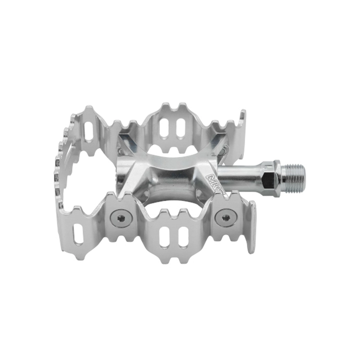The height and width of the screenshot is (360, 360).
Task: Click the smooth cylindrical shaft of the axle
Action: (x=241, y=176)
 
